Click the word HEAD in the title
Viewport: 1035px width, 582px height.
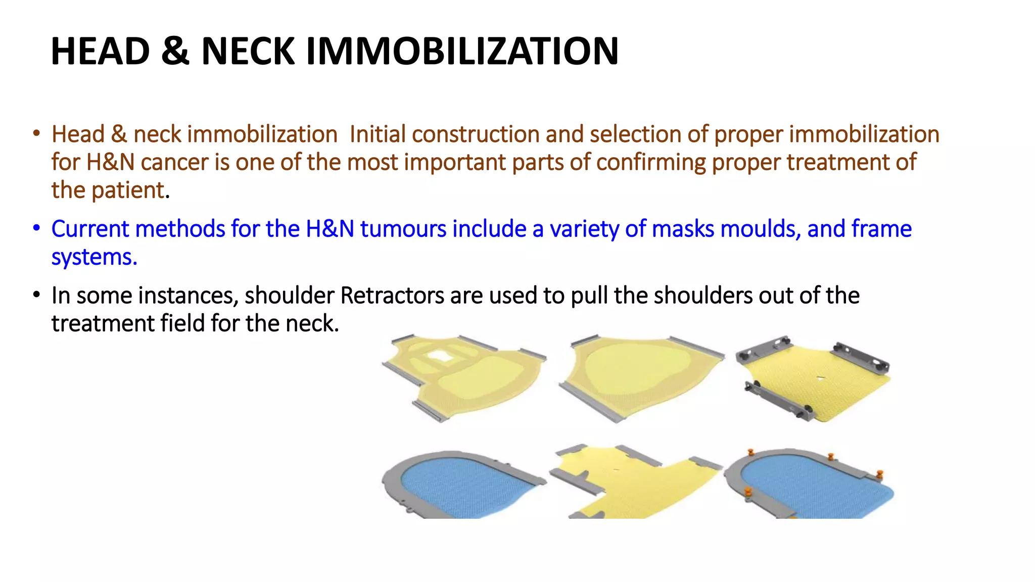pos(101,52)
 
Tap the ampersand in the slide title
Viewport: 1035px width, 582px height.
pos(175,52)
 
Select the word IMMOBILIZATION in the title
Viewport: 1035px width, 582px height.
pos(462,52)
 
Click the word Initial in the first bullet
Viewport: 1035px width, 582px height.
pos(378,134)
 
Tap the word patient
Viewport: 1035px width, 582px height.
pos(128,190)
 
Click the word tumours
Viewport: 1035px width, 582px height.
pos(403,229)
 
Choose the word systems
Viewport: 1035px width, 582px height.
pos(94,257)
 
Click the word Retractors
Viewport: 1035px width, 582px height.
pos(392,296)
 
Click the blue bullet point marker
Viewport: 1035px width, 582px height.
pos(36,228)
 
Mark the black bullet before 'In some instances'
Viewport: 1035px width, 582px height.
pos(36,295)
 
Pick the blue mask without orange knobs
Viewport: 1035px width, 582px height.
pos(465,485)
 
